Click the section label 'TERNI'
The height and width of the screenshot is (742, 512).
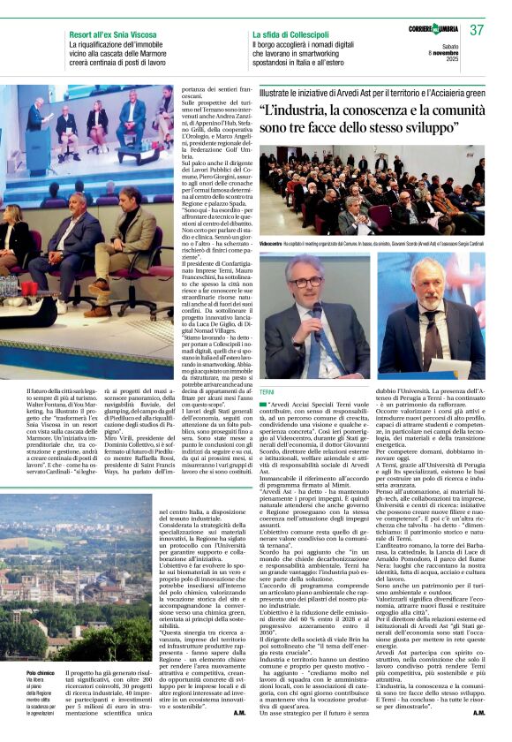point(267,390)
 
